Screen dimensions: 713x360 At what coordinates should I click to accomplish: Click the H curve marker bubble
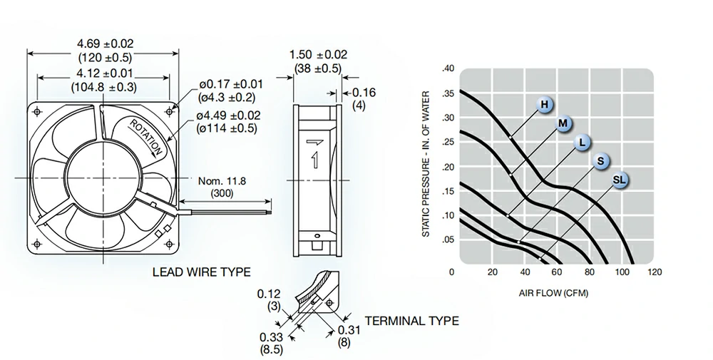[x=545, y=105]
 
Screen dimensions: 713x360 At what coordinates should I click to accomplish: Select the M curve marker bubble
[x=563, y=123]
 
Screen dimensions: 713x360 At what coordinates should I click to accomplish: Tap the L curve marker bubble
[x=582, y=143]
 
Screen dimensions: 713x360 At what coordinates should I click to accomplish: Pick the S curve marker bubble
[x=601, y=161]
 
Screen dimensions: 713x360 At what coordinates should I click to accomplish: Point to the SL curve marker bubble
[x=620, y=180]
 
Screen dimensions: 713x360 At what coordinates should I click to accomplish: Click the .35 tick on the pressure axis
[x=448, y=93]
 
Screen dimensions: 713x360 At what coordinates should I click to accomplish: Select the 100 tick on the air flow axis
[x=622, y=272]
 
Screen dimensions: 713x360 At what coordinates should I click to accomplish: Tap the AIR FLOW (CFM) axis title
[x=553, y=293]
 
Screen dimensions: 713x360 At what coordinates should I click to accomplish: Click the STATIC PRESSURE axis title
[x=426, y=164]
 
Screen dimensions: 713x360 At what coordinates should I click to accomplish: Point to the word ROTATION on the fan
[x=146, y=137]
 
